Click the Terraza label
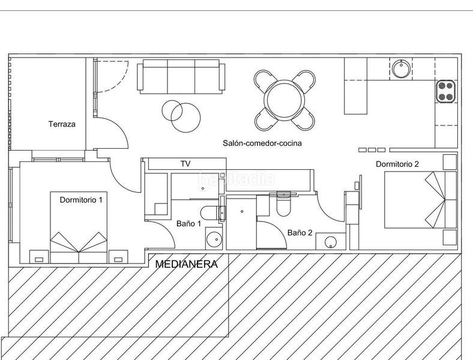(x=62, y=125)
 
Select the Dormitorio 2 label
(x=397, y=164)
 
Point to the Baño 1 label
(x=188, y=224)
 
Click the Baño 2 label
(x=300, y=232)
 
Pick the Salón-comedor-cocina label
(x=262, y=143)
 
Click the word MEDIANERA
(x=187, y=263)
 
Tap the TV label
(x=185, y=164)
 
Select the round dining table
(x=284, y=100)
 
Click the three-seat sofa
(x=182, y=77)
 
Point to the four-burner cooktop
(x=445, y=91)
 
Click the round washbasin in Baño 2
(x=330, y=243)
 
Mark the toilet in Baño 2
(x=283, y=205)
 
